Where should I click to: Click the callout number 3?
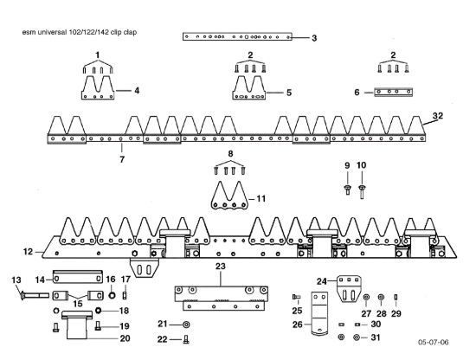point(314,38)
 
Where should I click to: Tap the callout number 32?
point(438,116)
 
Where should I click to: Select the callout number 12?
point(28,252)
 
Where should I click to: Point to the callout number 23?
point(221,267)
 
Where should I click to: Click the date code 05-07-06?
point(434,343)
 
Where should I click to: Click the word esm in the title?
point(29,32)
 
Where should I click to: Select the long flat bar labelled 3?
point(237,36)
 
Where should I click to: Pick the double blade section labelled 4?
point(98,87)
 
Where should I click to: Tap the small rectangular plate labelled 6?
point(394,92)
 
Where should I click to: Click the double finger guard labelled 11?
point(229,196)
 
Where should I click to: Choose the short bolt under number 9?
point(347,190)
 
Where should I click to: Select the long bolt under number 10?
point(362,192)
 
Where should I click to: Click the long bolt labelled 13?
point(35,295)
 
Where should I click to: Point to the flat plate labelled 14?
point(78,277)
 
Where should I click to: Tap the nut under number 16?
point(112,295)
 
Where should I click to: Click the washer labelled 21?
point(186,325)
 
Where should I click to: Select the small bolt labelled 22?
point(186,339)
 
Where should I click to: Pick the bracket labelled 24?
point(349,289)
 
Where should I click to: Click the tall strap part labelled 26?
point(319,313)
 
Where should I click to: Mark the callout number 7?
point(122,159)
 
